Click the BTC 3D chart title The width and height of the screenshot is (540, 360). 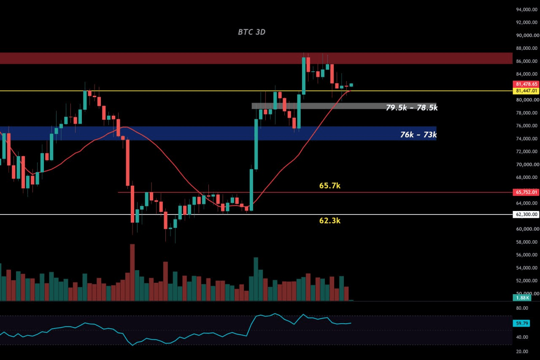pyautogui.click(x=252, y=32)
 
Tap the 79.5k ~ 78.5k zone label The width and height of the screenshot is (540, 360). pyautogui.click(x=412, y=108)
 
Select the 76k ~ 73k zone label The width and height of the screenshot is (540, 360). pyautogui.click(x=418, y=135)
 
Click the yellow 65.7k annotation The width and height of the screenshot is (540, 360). pyautogui.click(x=330, y=186)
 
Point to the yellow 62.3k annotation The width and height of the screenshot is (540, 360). pyautogui.click(x=330, y=220)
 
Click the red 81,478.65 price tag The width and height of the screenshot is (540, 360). pyautogui.click(x=526, y=84)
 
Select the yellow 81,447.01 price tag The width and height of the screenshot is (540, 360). pyautogui.click(x=526, y=91)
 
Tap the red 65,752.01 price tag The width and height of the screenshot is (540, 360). pyautogui.click(x=526, y=192)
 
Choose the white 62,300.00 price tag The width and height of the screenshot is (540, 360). pyautogui.click(x=526, y=214)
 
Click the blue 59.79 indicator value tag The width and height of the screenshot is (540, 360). pyautogui.click(x=522, y=323)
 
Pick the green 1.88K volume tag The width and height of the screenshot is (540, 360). pyautogui.click(x=522, y=298)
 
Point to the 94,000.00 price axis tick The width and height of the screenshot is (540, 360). pyautogui.click(x=526, y=10)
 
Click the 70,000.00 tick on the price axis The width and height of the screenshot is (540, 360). pyautogui.click(x=526, y=165)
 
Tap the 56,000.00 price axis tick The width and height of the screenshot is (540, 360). pyautogui.click(x=526, y=255)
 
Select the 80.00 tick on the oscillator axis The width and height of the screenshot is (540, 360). pyautogui.click(x=522, y=308)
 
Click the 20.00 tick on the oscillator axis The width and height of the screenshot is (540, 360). pyautogui.click(x=522, y=352)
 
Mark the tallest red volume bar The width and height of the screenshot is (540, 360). pyautogui.click(x=132, y=273)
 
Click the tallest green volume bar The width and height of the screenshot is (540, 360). pyautogui.click(x=256, y=279)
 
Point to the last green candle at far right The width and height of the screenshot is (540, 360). pyautogui.click(x=351, y=85)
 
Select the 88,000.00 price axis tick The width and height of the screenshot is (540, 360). pyautogui.click(x=526, y=48)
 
